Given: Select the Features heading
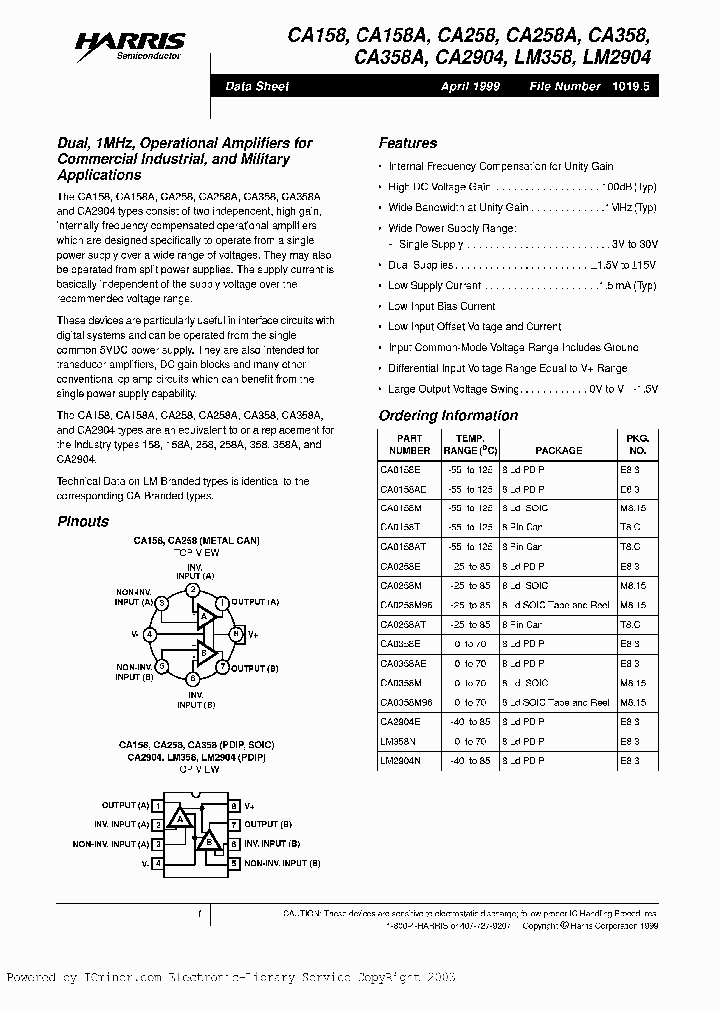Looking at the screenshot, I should (407, 143).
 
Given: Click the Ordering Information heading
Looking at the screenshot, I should (448, 416).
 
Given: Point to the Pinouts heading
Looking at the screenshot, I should (83, 521).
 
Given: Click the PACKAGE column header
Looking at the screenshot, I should (558, 451).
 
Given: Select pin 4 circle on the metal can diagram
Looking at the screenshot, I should (150, 634).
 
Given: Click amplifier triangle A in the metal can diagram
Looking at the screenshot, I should (204, 616).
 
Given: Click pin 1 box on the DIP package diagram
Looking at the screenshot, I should (158, 805).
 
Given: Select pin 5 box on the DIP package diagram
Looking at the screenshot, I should (234, 861).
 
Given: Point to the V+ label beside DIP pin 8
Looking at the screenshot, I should (251, 805).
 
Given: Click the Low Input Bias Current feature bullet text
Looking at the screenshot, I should (441, 306).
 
